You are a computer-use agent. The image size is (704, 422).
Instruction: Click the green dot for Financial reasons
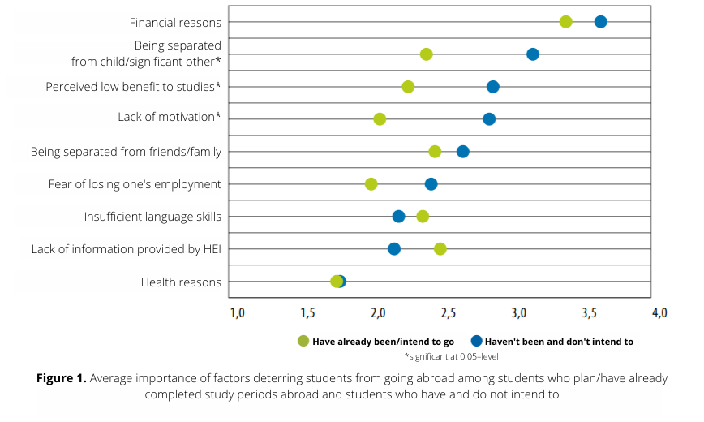click(x=565, y=22)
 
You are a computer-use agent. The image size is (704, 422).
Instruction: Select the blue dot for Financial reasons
click(x=600, y=22)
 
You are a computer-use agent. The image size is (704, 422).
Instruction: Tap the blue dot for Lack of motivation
click(x=489, y=119)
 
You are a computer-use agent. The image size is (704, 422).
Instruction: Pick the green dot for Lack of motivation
click(x=380, y=119)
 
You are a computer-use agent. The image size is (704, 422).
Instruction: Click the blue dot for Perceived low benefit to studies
click(x=492, y=87)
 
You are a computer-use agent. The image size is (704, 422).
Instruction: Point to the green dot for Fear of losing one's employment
click(x=371, y=184)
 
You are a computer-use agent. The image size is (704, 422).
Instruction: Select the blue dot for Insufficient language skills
click(x=398, y=217)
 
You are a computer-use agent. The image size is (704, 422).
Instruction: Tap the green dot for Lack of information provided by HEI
click(x=440, y=248)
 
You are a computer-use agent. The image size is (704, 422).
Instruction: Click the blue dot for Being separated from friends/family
click(x=462, y=152)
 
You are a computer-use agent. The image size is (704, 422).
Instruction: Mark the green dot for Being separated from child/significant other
click(x=426, y=54)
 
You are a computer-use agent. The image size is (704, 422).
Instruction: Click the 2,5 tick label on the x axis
click(x=448, y=312)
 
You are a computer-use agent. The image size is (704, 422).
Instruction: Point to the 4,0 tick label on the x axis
click(x=659, y=312)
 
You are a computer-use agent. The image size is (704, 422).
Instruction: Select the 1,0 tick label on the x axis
click(x=237, y=312)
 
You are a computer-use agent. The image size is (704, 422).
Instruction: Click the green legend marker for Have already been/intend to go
click(x=303, y=341)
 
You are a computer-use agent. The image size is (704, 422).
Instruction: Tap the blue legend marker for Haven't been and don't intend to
click(x=476, y=341)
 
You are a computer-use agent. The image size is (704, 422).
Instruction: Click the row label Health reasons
click(x=181, y=282)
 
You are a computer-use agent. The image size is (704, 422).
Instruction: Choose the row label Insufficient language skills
click(x=152, y=217)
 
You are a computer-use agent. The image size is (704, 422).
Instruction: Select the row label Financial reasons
click(x=175, y=22)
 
